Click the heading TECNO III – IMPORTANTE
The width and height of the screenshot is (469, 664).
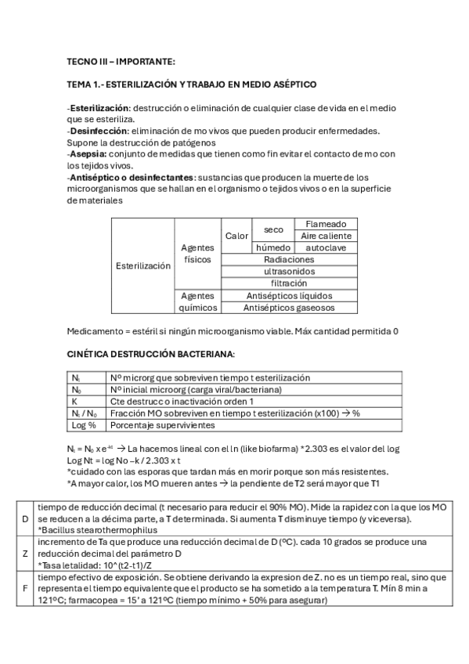(121, 61)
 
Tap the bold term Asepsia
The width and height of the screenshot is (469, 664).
(88, 153)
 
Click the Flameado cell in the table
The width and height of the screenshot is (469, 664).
(325, 224)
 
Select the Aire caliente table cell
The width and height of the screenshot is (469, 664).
(325, 236)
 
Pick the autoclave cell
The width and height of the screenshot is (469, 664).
(325, 247)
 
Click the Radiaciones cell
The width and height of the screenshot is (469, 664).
(289, 259)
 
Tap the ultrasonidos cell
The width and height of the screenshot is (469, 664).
(289, 271)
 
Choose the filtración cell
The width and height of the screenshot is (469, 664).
(289, 283)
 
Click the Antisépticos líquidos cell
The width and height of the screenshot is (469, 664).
(289, 296)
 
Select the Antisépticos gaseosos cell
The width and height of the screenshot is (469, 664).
(289, 308)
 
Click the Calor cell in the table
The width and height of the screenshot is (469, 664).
(236, 236)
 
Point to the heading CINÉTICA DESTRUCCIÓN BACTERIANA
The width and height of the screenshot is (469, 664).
(140, 355)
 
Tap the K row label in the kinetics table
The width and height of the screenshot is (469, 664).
(74, 402)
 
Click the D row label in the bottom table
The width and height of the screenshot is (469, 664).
(24, 520)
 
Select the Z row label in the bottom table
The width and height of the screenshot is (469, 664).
(24, 553)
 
